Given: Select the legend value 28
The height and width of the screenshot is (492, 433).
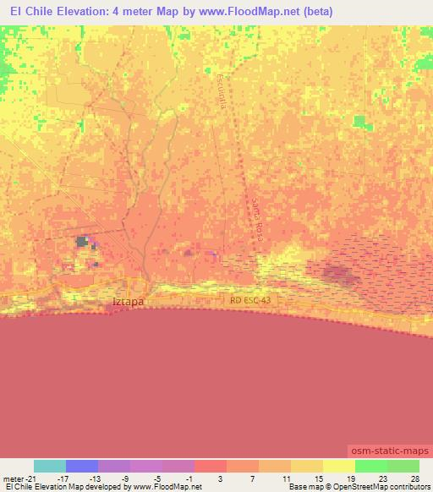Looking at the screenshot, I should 414,478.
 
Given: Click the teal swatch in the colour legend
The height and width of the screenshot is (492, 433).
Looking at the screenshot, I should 50,466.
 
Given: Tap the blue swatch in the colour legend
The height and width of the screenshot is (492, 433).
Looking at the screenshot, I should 82,466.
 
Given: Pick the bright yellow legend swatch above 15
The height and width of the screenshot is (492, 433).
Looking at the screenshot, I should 338,466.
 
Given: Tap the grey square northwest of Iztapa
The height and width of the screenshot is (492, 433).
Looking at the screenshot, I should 82,242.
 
